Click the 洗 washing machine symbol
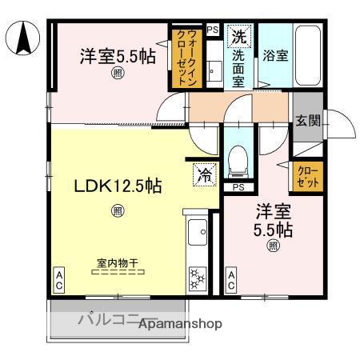(238, 36)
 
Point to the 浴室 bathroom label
(274, 57)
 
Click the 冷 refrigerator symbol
(205, 174)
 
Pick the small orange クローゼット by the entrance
(308, 176)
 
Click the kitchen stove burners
(195, 281)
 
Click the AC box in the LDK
(58, 281)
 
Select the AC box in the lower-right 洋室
(230, 281)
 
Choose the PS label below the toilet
(238, 187)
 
